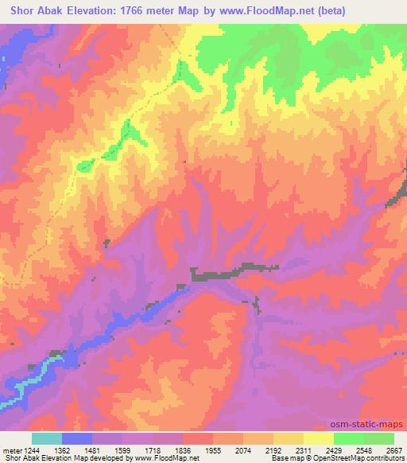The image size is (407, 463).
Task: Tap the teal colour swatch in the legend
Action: (x=47, y=439)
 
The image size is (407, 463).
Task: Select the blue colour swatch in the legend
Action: (x=77, y=439)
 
